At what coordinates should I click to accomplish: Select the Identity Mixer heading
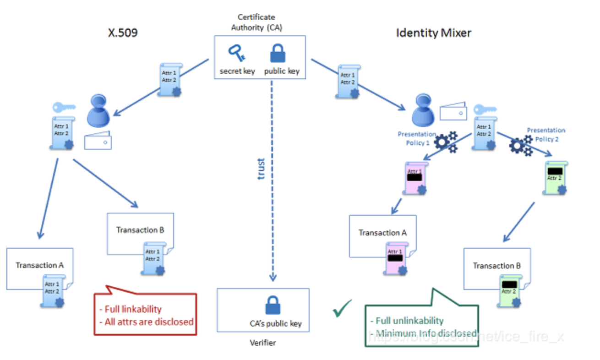coord(433,33)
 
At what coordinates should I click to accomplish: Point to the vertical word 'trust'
coord(261,169)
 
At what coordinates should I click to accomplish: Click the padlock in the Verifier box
coord(273,305)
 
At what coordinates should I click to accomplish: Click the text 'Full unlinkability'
coord(409,321)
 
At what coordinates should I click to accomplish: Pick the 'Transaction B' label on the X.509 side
coord(140,230)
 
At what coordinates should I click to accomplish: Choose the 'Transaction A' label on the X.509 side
coord(39,265)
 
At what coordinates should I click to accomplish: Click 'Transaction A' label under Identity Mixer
coord(382,233)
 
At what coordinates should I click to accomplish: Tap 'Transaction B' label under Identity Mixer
coord(496,266)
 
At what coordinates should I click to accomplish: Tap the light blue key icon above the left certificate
coord(63,108)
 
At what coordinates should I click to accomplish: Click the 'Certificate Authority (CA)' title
coord(256,22)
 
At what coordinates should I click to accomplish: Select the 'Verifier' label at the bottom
coord(263,343)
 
